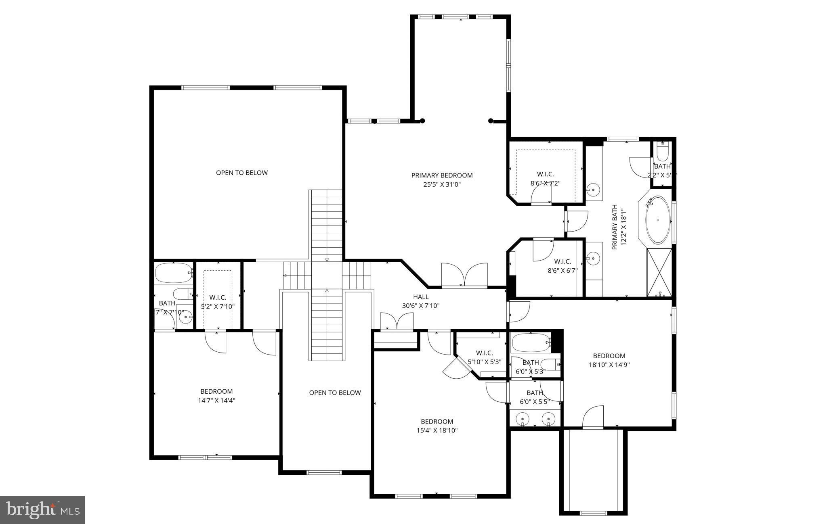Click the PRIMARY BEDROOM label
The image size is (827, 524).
(442, 175)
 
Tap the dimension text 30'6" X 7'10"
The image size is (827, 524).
(421, 306)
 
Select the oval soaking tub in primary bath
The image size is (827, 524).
(658, 220)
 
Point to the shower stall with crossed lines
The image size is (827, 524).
(659, 273)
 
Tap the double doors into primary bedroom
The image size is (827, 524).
(464, 275)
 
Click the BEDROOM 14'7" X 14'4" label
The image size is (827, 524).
(216, 396)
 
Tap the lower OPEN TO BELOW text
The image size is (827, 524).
(335, 392)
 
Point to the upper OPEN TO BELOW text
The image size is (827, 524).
(241, 173)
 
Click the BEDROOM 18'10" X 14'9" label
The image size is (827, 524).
(609, 360)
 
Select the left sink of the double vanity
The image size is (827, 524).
(523, 418)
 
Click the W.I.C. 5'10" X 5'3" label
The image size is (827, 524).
(484, 357)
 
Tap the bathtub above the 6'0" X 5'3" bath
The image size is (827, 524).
(531, 343)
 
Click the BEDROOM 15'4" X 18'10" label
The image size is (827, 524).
(437, 426)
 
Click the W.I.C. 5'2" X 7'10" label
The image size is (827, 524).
(218, 302)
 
